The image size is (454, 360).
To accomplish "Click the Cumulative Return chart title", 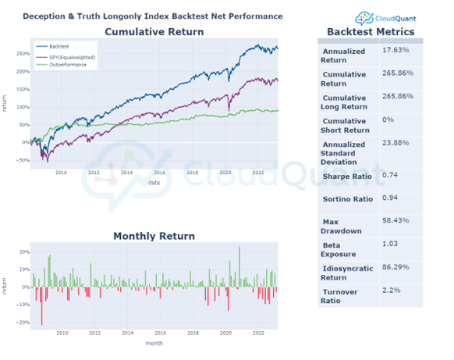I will tap(154, 32).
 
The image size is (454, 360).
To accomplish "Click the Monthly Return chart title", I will tap(154, 236).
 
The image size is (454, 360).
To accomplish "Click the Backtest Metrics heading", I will tap(369, 32).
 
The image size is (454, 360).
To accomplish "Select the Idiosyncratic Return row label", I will tap(346, 273).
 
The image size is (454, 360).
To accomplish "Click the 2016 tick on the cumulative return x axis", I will tap(160, 173).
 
